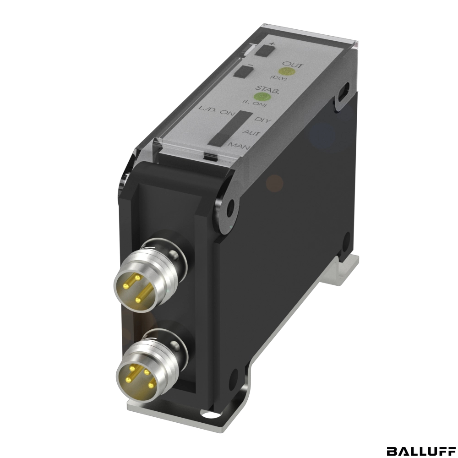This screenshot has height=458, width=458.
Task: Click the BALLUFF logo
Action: tap(420, 451)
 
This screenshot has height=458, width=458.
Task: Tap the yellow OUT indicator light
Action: tap(287, 72)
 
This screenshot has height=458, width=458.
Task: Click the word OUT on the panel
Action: tap(293, 65)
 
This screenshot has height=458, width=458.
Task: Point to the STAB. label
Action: tap(267, 89)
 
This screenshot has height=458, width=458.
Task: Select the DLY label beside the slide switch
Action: tap(263, 120)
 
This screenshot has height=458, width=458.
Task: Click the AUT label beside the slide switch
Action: tap(251, 133)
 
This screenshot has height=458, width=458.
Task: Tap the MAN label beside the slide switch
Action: tap(239, 146)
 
